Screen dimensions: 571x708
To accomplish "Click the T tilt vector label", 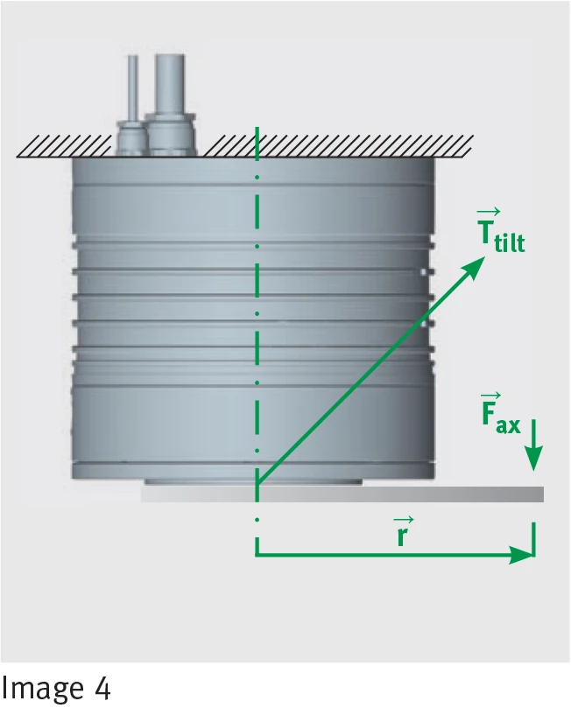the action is click(x=501, y=230).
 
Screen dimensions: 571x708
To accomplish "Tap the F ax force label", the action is click(x=501, y=414).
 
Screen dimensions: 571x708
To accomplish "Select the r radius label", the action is click(x=403, y=531).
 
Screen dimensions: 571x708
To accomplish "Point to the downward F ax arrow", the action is click(x=534, y=445).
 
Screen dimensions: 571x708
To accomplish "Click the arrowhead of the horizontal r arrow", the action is click(x=522, y=555).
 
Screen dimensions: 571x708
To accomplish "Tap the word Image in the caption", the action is click(x=43, y=689).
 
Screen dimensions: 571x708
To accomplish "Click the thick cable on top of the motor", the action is click(x=170, y=84).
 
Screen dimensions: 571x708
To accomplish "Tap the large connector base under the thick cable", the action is click(x=171, y=135).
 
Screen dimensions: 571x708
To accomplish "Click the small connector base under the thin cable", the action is click(x=131, y=138).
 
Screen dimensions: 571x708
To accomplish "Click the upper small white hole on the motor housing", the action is click(x=424, y=272).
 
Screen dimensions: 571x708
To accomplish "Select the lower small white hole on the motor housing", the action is click(x=424, y=323).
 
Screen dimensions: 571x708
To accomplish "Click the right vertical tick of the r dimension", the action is click(x=534, y=539).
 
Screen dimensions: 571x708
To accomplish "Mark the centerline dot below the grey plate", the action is click(x=257, y=520).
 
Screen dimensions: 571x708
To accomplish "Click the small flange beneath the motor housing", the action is click(x=253, y=482).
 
